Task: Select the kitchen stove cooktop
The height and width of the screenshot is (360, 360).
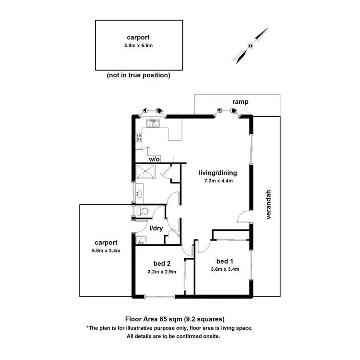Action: click(139, 137)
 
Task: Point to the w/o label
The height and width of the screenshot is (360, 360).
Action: click(154, 159)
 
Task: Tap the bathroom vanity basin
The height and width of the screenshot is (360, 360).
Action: click(139, 194)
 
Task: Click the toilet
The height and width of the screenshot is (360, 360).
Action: click(143, 211)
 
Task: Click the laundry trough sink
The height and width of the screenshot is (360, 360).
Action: click(140, 240)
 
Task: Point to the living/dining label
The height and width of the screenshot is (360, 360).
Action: click(218, 173)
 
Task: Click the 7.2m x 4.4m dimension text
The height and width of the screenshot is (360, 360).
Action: click(218, 181)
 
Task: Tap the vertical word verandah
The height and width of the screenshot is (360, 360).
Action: click(269, 205)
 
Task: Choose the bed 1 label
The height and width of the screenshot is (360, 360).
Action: click(225, 261)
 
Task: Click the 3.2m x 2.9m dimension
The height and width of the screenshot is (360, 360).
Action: click(162, 271)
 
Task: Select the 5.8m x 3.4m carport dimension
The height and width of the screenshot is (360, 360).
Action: click(106, 251)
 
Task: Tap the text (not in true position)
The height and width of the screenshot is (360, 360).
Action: click(139, 75)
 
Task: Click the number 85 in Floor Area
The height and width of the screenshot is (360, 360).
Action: click(162, 319)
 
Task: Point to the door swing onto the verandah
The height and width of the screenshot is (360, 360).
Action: click(245, 217)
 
